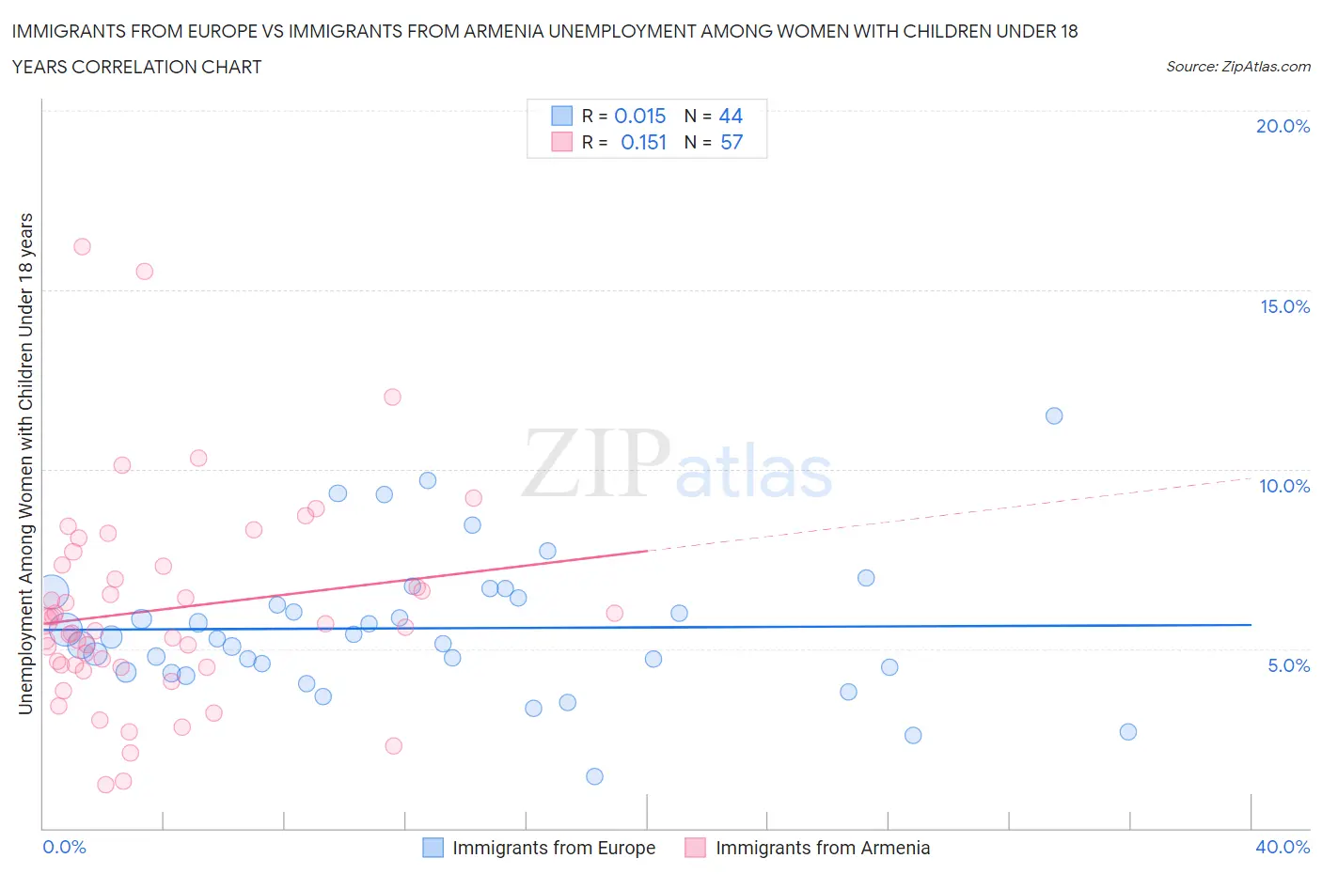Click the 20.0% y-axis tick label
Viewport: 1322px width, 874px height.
[x=1283, y=126]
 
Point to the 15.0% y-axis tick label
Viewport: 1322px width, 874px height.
[x=1284, y=306]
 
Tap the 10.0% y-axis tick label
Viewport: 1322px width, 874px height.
[x=1284, y=486]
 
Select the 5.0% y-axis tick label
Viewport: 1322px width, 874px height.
[x=1288, y=665]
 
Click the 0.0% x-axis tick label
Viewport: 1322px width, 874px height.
[x=64, y=847]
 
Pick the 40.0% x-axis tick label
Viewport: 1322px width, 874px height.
[x=1283, y=847]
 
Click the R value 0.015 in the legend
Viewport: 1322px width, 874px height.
[x=639, y=116]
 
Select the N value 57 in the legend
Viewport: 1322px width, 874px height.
[x=732, y=142]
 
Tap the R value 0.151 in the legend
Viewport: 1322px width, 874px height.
[x=643, y=142]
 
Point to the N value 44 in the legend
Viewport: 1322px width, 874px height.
[x=731, y=116]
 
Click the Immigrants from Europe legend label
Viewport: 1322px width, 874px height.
[x=554, y=848]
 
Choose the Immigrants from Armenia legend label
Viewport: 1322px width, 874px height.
[x=823, y=848]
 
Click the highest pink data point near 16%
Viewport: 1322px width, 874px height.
[x=82, y=246]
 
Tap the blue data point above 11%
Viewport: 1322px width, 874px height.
[x=1054, y=415]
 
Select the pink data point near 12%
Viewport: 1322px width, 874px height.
[x=392, y=397]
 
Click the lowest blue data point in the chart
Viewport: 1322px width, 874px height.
[x=594, y=776]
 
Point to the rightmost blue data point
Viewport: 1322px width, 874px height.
[x=1128, y=731]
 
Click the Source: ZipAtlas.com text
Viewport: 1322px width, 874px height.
[x=1237, y=67]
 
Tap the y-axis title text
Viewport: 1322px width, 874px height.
[x=26, y=463]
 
